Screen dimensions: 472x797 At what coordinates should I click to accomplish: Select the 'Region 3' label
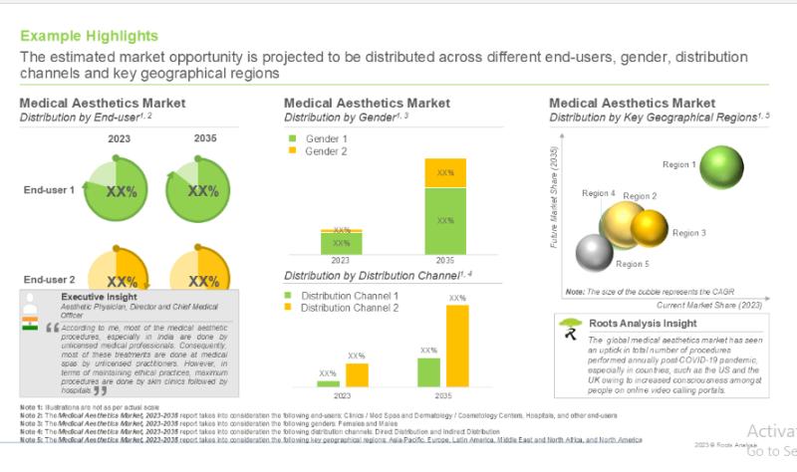click(x=689, y=233)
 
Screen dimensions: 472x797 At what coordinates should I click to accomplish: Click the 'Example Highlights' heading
click(x=89, y=36)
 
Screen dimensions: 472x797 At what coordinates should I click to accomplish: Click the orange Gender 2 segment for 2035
click(x=445, y=172)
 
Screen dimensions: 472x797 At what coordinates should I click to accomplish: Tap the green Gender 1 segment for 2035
click(x=445, y=220)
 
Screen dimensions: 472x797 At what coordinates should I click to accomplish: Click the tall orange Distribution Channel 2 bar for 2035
click(x=456, y=345)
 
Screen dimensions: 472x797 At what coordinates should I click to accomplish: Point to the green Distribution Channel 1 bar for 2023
click(x=327, y=383)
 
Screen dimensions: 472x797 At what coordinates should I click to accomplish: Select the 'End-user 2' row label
click(x=50, y=281)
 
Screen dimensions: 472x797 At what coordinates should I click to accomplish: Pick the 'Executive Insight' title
click(x=100, y=297)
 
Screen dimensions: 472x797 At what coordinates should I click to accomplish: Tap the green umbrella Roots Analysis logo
click(x=570, y=326)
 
